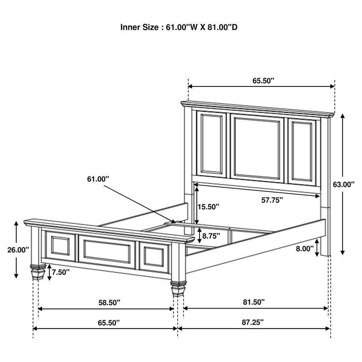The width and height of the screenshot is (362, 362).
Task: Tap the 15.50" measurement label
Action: (209, 207)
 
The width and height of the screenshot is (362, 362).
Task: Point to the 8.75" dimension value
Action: (211, 236)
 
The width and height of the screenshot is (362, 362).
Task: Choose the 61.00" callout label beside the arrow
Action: (98, 180)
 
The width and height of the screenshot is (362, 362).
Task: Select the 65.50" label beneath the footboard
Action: (108, 323)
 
